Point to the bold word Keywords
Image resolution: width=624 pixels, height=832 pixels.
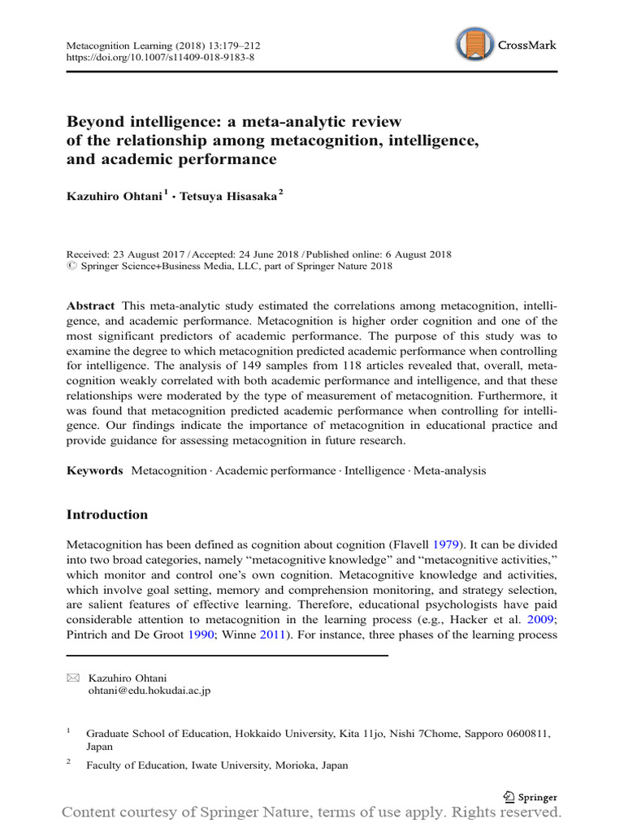(95, 470)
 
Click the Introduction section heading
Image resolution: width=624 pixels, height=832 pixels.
(107, 515)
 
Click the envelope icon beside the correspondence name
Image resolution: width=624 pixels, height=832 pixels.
(72, 677)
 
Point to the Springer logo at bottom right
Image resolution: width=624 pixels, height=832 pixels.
(530, 797)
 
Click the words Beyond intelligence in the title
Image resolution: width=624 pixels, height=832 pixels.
(129, 122)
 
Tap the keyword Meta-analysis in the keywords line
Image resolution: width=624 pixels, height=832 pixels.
(450, 470)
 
